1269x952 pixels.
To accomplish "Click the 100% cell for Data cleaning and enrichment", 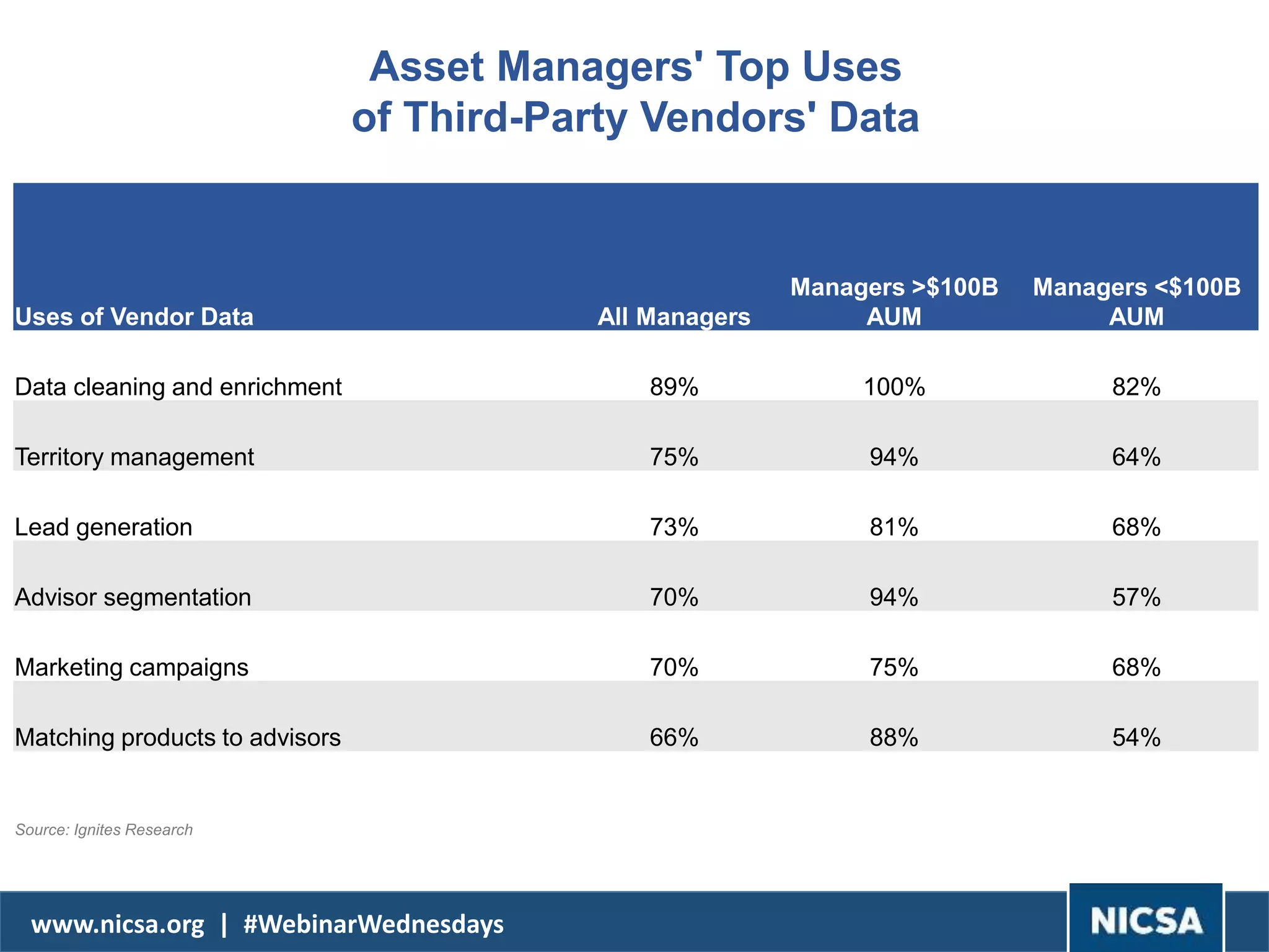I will (894, 387).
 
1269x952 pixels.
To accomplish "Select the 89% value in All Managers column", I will (674, 387).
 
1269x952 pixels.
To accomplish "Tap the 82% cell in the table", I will (1136, 387).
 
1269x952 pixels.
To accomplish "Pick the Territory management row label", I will (134, 457).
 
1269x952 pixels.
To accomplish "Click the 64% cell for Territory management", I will (1136, 457).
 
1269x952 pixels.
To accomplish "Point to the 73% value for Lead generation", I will (674, 527).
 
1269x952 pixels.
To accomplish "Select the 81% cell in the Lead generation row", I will (894, 527).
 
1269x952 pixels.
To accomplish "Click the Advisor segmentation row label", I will (133, 597).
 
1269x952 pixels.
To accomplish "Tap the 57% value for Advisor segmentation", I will (1136, 597).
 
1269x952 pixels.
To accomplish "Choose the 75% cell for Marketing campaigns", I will (894, 668).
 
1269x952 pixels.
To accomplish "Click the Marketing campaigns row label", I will (131, 668).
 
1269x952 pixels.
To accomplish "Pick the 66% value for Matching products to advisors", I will (674, 738).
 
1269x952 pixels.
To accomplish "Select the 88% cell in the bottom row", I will (894, 738).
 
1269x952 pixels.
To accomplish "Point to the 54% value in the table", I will (1136, 738).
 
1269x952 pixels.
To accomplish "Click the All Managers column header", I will (674, 317).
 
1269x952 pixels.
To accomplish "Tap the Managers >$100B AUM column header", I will (894, 302).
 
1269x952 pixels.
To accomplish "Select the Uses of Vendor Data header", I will (134, 317).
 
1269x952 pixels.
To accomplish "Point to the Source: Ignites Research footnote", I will (104, 830).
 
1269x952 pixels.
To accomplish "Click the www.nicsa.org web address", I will (118, 924).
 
